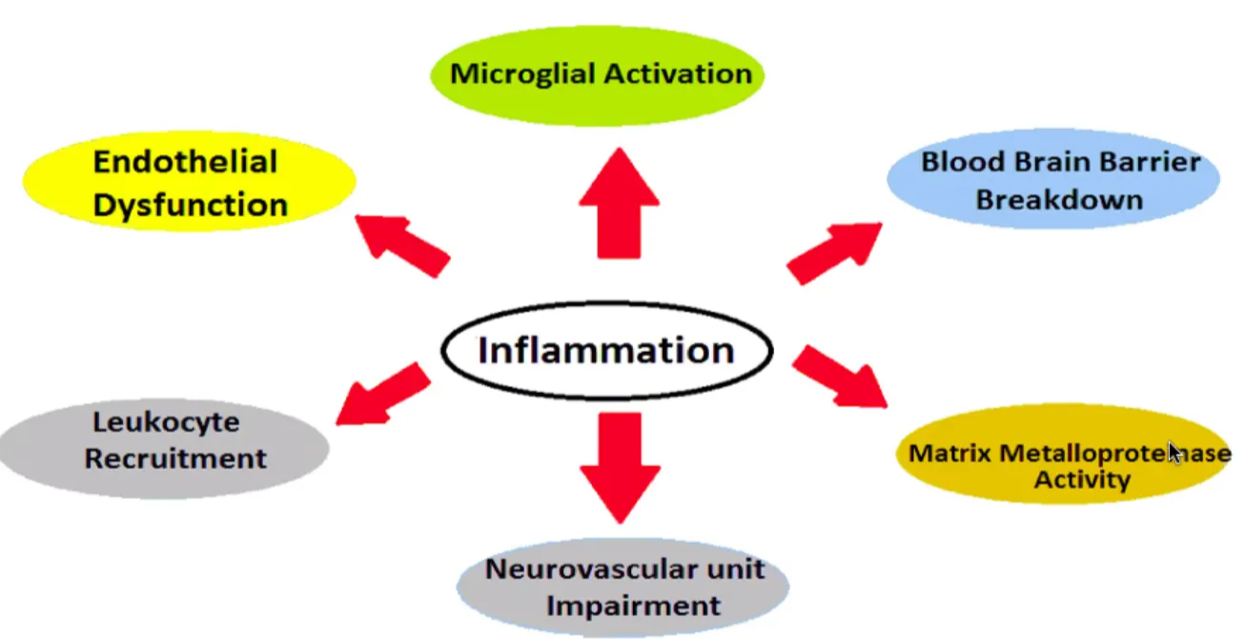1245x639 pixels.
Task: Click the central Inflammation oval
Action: coord(606,351)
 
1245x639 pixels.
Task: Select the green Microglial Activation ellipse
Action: coord(600,74)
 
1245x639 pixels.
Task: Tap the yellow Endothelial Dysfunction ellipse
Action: coord(190,182)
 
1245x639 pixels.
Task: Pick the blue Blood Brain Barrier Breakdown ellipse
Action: coord(1053,181)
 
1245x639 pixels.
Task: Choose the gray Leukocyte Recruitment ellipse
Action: coord(167,441)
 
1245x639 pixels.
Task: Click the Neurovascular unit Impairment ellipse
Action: coord(623,587)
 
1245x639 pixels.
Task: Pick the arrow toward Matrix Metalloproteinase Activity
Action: coord(839,376)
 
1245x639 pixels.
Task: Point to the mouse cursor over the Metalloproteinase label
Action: coord(1174,452)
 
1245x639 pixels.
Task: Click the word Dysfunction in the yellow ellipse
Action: coord(191,204)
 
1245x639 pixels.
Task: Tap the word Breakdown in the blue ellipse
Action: coord(1058,200)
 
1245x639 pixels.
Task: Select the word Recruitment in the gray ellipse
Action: coord(175,459)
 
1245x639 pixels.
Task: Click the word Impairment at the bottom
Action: coord(634,606)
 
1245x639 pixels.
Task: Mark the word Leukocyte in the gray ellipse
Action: coord(166,422)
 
